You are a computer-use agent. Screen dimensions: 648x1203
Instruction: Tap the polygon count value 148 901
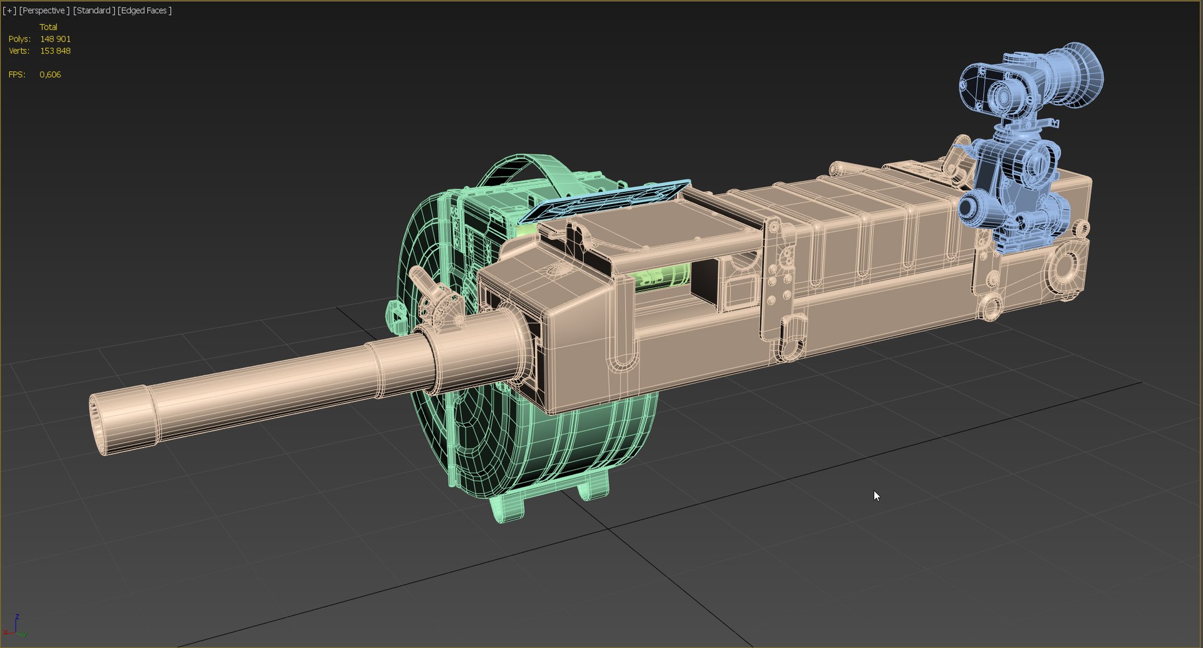(x=55, y=39)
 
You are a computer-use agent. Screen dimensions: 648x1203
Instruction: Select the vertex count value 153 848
(x=55, y=51)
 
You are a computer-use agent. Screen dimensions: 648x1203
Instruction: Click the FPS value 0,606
(x=50, y=75)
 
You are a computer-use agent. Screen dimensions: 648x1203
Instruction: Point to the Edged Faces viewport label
(x=145, y=11)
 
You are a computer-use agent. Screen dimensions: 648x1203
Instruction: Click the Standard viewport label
(x=94, y=11)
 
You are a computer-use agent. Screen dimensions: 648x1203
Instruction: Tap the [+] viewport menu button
(x=9, y=11)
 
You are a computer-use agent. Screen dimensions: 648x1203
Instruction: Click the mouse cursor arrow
(x=876, y=496)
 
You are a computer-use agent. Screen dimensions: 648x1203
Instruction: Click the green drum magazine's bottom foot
(x=508, y=508)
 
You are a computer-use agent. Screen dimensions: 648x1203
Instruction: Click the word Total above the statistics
(x=48, y=27)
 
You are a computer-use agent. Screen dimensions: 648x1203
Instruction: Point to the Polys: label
(x=19, y=39)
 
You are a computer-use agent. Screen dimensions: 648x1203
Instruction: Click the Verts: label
(x=19, y=51)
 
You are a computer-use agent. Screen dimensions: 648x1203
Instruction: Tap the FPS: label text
(x=17, y=75)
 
